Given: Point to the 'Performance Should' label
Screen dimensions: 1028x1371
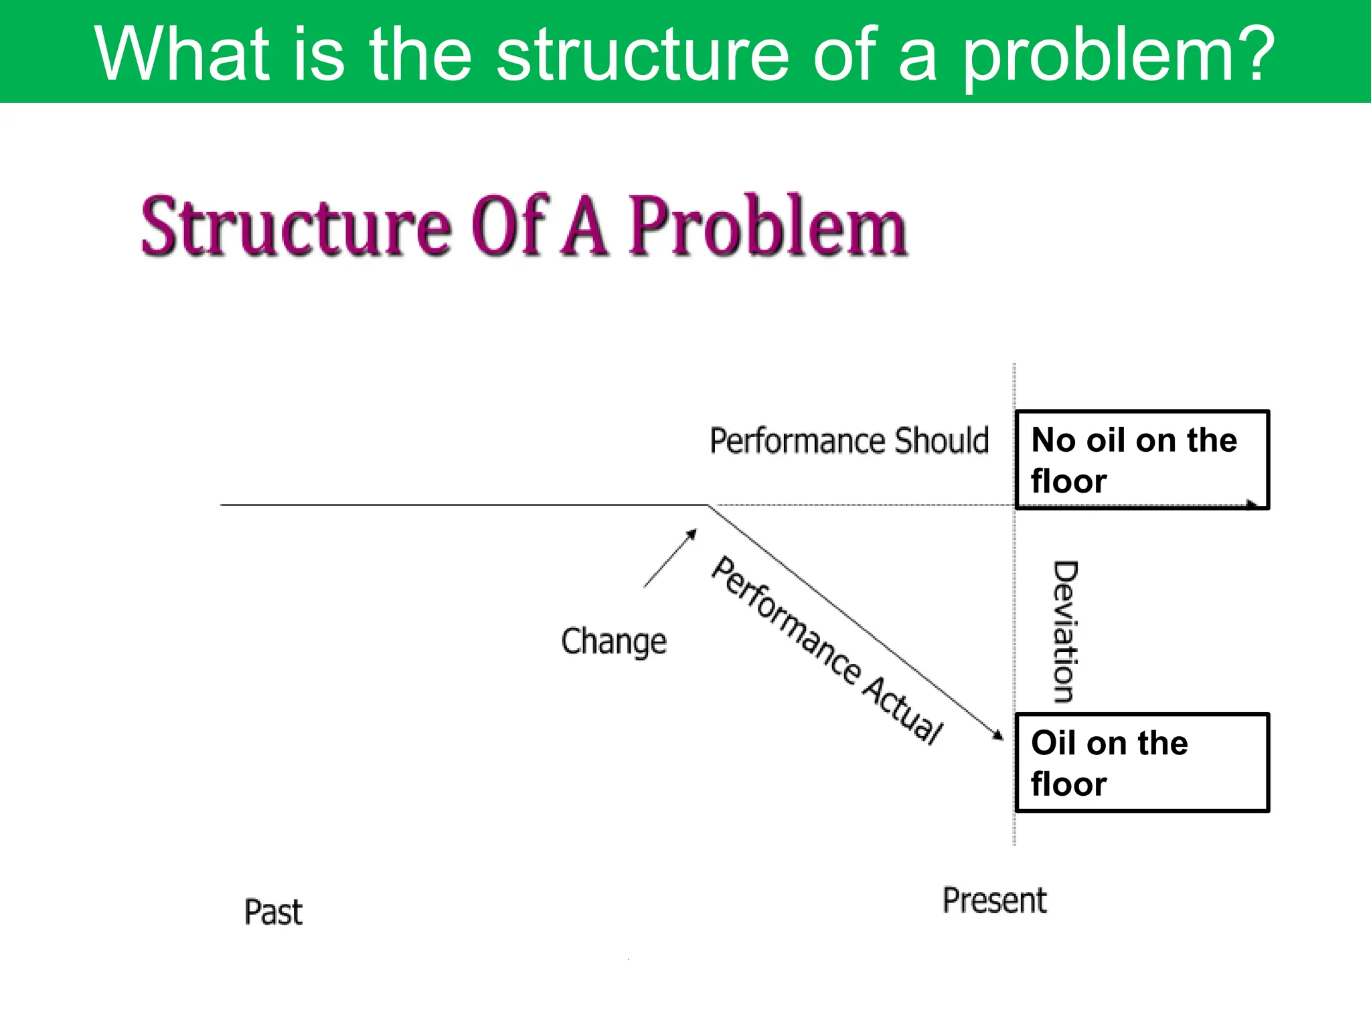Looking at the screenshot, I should click(x=849, y=441).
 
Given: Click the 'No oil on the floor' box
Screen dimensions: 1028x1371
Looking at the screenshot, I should click(x=1141, y=460).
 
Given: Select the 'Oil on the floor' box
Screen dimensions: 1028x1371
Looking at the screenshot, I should click(x=1141, y=763).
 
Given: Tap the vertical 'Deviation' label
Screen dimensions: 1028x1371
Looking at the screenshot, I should click(x=1065, y=632).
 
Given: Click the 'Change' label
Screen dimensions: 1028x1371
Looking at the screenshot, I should click(x=613, y=642).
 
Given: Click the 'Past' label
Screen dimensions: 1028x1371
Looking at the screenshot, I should click(x=273, y=912).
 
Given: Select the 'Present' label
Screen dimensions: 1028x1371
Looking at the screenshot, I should click(x=994, y=900).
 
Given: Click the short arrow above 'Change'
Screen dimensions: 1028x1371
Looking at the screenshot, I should click(x=670, y=558).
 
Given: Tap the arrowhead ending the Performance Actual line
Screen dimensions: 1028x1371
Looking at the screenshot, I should click(x=999, y=736).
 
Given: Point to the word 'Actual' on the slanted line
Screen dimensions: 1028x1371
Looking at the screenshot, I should click(x=902, y=709).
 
